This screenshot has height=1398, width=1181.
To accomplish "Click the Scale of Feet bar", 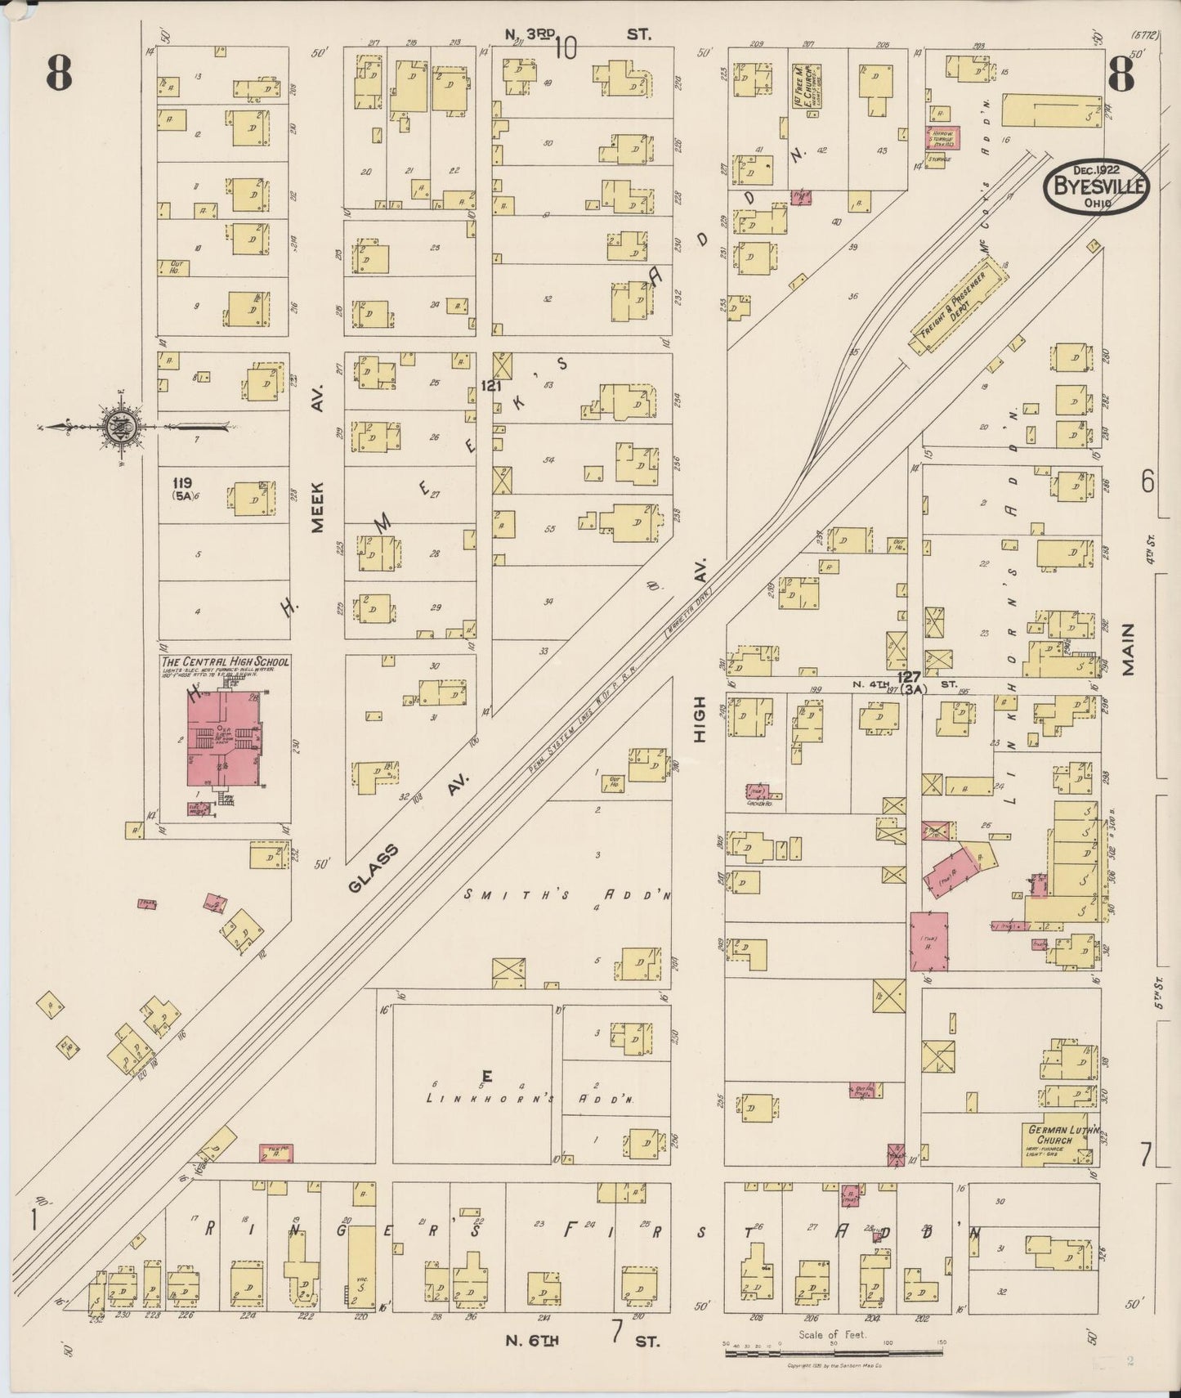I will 834,1353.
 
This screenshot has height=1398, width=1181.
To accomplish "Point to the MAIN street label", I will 1129,650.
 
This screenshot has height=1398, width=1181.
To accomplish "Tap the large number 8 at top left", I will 59,75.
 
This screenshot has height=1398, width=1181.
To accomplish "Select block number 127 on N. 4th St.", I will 908,677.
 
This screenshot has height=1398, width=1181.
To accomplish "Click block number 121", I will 491,385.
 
